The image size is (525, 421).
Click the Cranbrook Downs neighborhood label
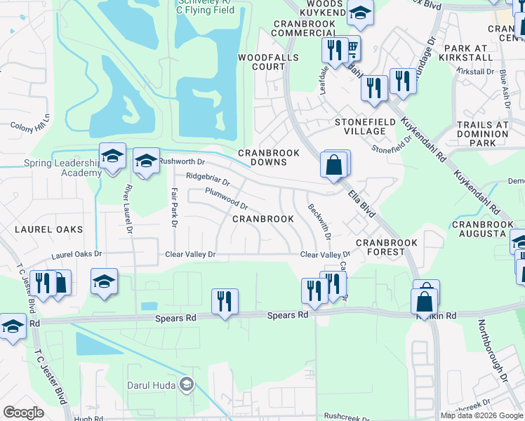pyautogui.click(x=268, y=157)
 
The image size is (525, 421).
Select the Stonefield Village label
pyautogui.click(x=360, y=126)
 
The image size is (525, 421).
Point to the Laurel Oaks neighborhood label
pyautogui.click(x=56, y=229)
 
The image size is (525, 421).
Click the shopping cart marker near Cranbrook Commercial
pyautogui.click(x=352, y=48)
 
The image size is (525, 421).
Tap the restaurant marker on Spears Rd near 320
pyautogui.click(x=225, y=302)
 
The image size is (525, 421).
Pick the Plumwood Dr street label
pyautogui.click(x=226, y=199)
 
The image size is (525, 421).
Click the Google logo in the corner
pyautogui.click(x=23, y=413)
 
